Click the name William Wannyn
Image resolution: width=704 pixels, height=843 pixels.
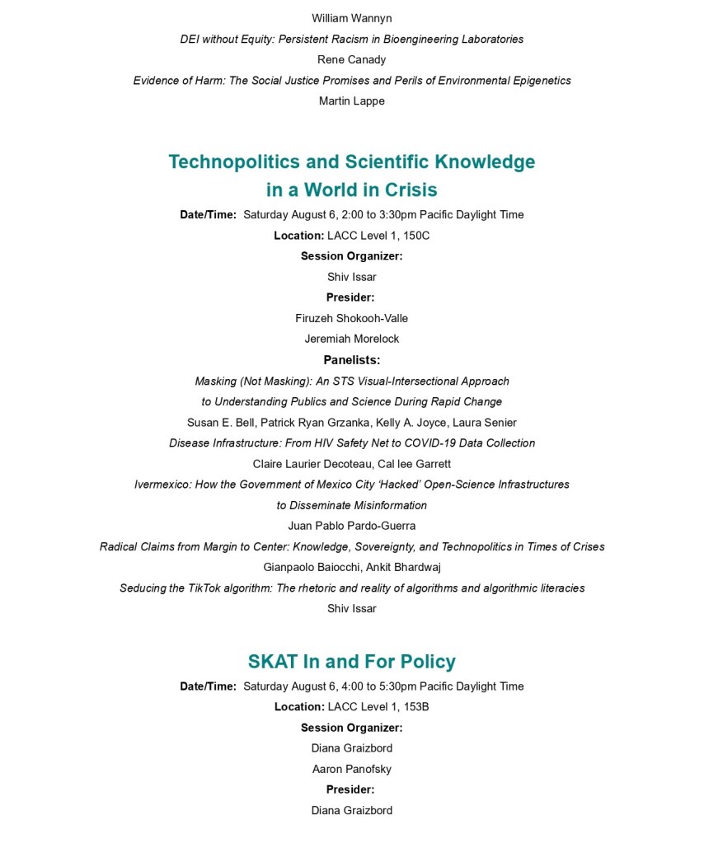coord(352,17)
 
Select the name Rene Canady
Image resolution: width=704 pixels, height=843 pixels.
coord(352,59)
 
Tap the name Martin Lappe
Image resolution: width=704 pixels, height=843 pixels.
coord(352,101)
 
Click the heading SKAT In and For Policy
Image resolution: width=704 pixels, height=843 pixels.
coord(352,662)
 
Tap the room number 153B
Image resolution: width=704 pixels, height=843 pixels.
coord(414,707)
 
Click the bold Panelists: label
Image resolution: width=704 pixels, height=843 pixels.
coord(352,360)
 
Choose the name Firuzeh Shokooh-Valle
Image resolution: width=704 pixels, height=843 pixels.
coord(352,318)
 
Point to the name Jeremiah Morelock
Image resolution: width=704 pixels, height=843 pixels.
coord(352,339)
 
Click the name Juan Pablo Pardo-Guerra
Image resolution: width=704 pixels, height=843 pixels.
coord(352,526)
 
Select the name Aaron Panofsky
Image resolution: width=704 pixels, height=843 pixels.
coord(352,769)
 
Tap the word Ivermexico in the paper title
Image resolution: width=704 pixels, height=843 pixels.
coord(162,485)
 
